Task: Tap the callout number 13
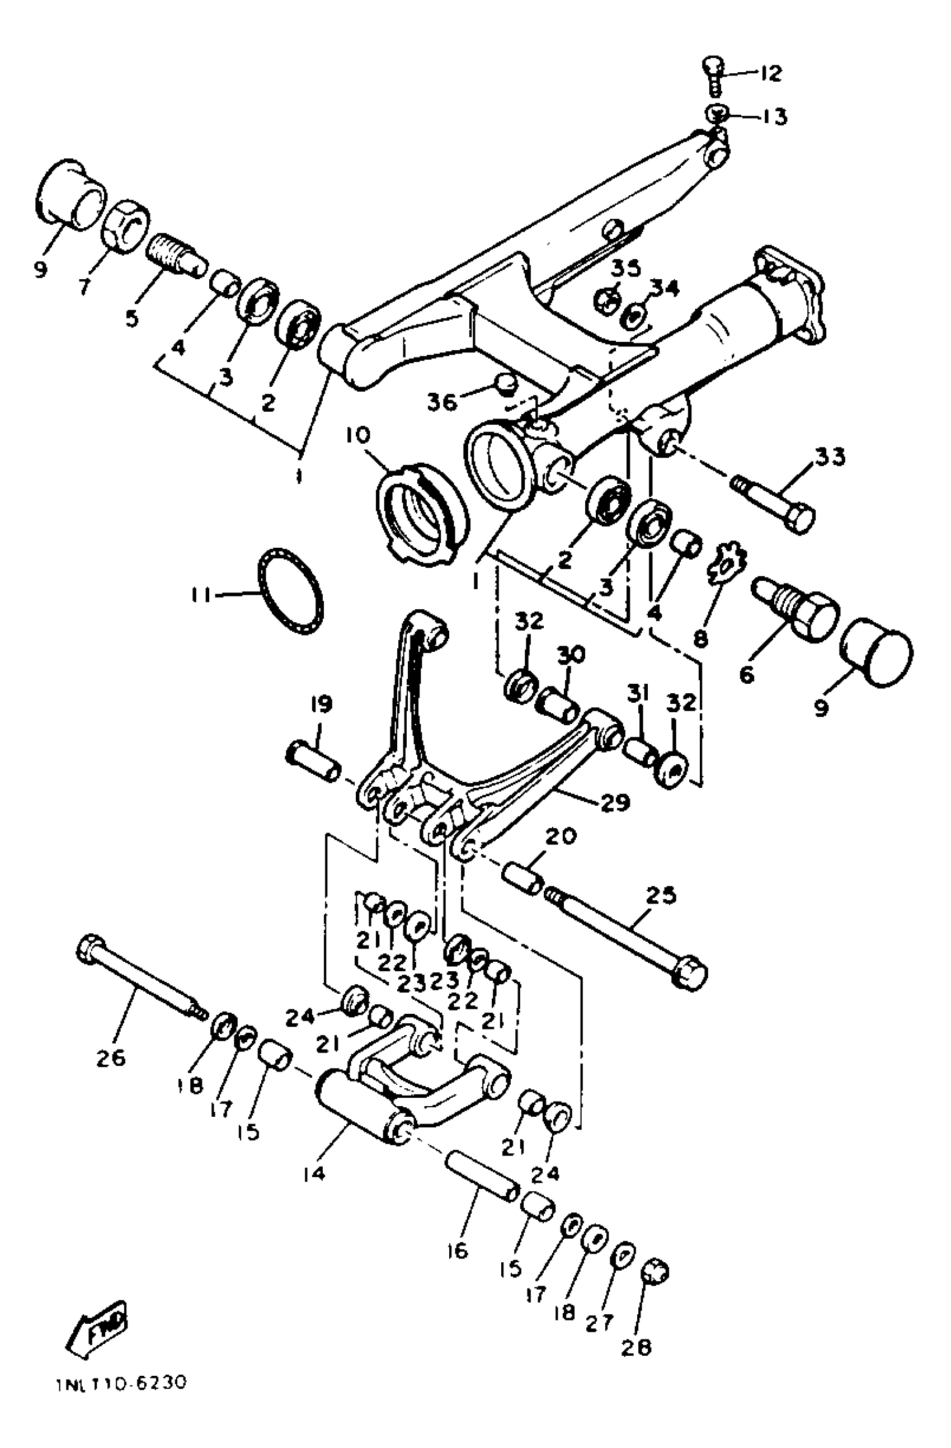774,116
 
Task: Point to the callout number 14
313,1172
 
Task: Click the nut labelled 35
606,299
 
